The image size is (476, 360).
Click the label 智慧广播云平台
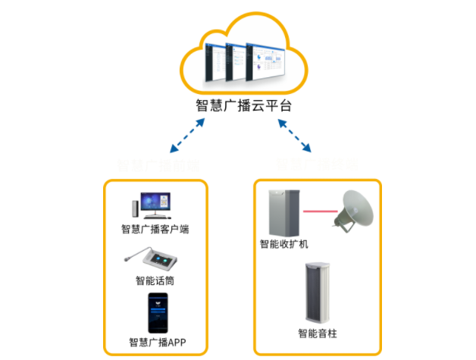tap(243, 106)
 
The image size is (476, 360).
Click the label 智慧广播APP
tap(156, 343)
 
